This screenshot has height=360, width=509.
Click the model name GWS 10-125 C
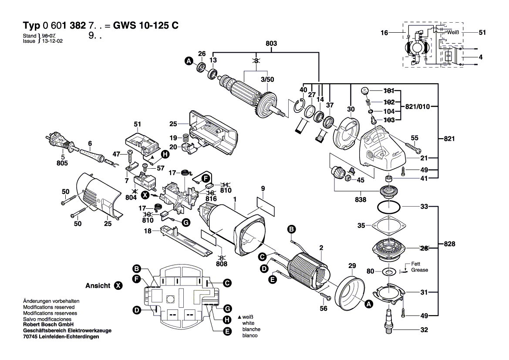pyautogui.click(x=145, y=25)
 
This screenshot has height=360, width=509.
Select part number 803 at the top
pyautogui.click(x=271, y=44)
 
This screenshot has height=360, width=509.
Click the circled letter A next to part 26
pyautogui.click(x=189, y=62)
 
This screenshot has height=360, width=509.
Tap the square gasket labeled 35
pyautogui.click(x=388, y=226)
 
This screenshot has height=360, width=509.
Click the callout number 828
pyautogui.click(x=449, y=244)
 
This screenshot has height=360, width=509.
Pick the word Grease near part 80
pyautogui.click(x=419, y=270)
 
